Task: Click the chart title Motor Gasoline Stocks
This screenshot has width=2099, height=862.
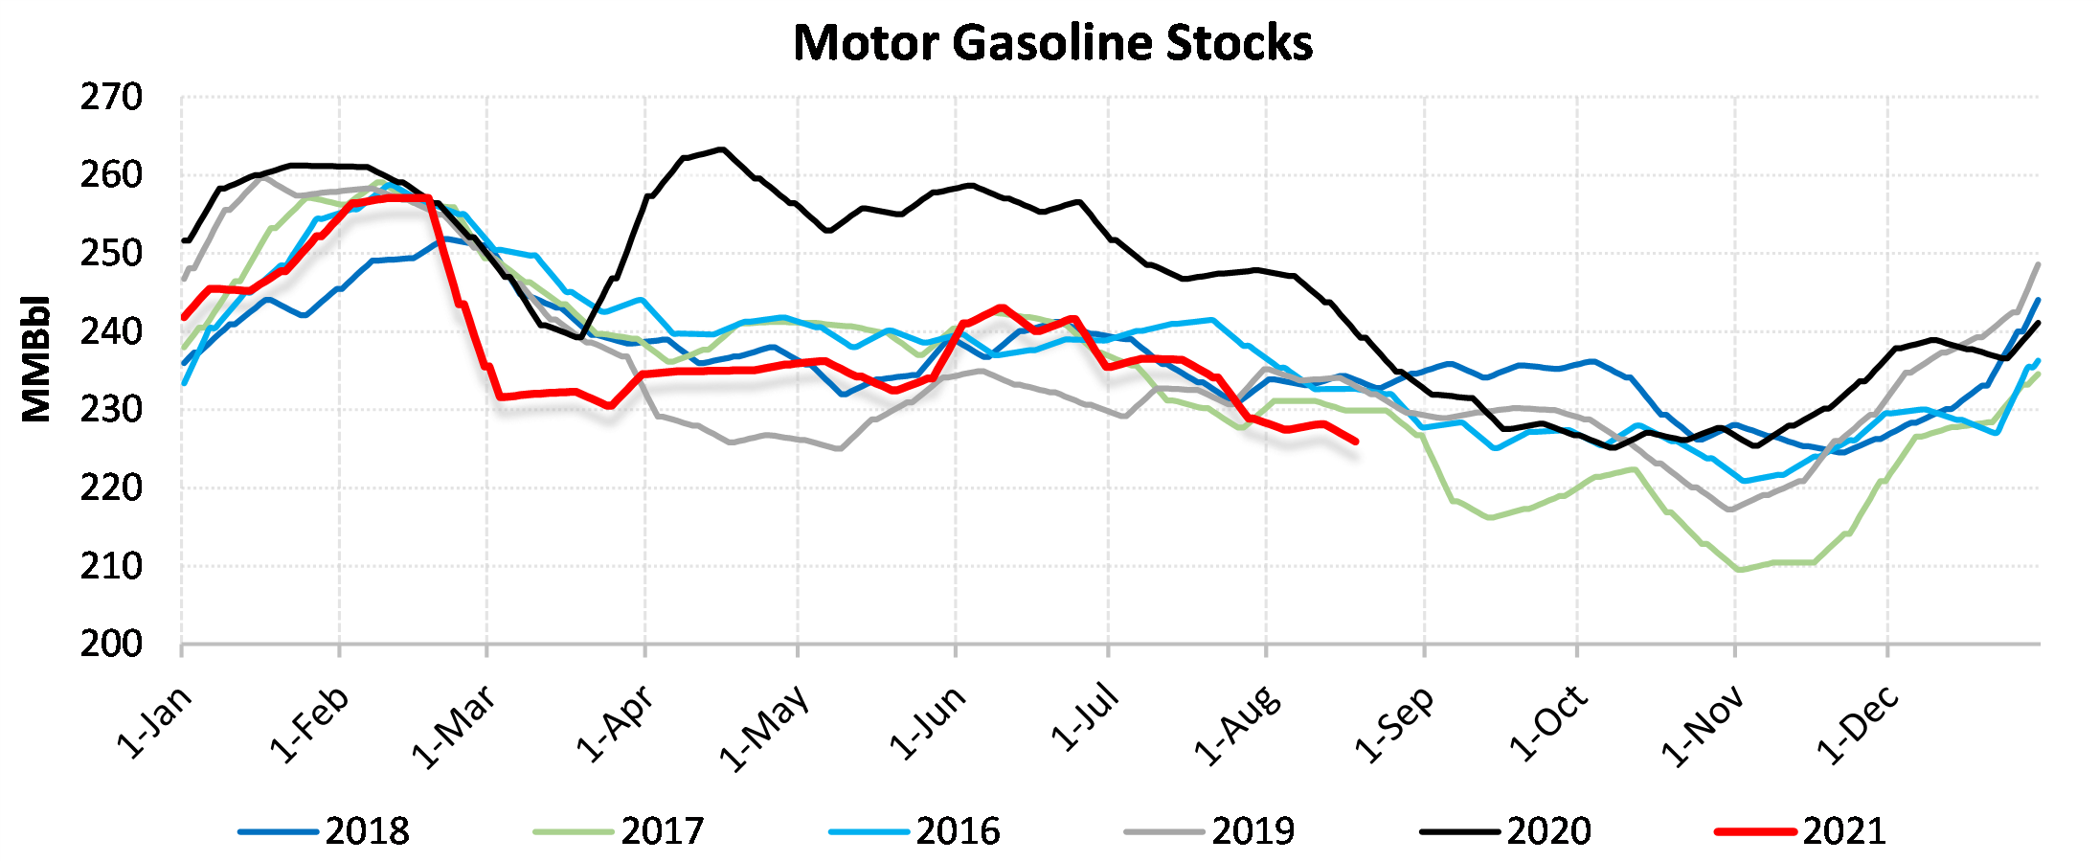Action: [1052, 43]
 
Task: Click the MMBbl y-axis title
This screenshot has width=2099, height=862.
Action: [36, 358]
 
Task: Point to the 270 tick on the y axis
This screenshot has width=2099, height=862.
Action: [111, 97]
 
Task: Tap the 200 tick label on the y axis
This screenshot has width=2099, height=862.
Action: [111, 644]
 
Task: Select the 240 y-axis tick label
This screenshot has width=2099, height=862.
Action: [111, 331]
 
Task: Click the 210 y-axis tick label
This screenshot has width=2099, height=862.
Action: [111, 565]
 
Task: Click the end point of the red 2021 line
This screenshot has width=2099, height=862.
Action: [1356, 442]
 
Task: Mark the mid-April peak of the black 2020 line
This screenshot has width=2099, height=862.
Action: [721, 149]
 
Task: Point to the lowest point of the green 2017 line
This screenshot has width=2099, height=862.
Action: [1739, 570]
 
